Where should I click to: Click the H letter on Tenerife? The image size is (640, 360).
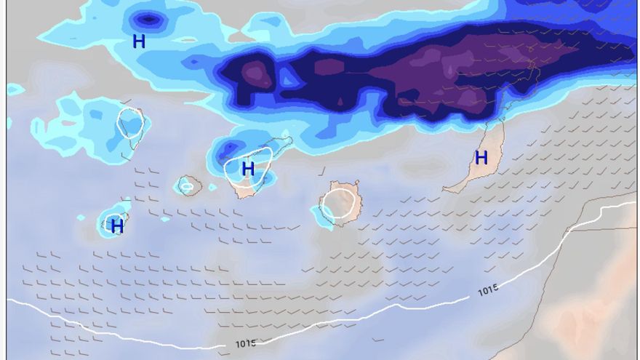point(248,169)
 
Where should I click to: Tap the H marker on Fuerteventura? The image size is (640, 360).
point(481,158)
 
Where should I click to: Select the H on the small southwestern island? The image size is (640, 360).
point(117,226)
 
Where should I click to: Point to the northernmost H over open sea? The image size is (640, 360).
point(139,41)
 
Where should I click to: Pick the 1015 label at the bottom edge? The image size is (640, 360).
point(246,343)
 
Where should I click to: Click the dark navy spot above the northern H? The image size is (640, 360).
point(148,20)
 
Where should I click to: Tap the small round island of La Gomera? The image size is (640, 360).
point(189,185)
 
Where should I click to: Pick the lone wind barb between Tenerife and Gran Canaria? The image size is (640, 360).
point(321,172)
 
